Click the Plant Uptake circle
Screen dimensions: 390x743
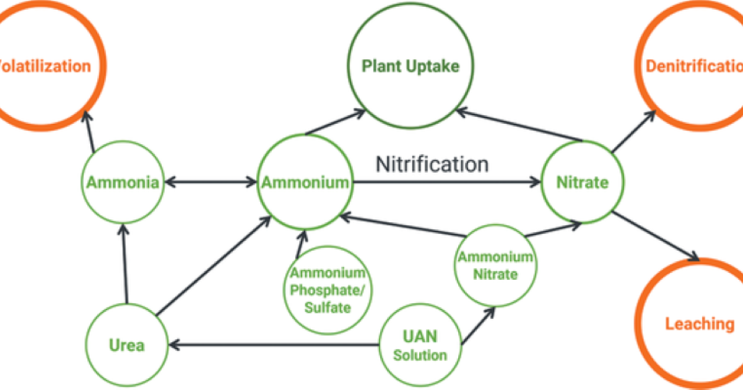pos(411,66)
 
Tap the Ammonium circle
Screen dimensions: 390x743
pos(305,183)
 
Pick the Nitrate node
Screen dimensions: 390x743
pos(582,183)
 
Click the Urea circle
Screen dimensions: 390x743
pos(128,344)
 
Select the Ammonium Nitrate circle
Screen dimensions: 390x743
pos(495,266)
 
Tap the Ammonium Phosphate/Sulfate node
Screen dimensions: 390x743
pos(328,290)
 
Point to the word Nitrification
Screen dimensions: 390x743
pos(432,164)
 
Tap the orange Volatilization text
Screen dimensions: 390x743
pos(46,66)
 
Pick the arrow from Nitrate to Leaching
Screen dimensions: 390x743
pos(656,236)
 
